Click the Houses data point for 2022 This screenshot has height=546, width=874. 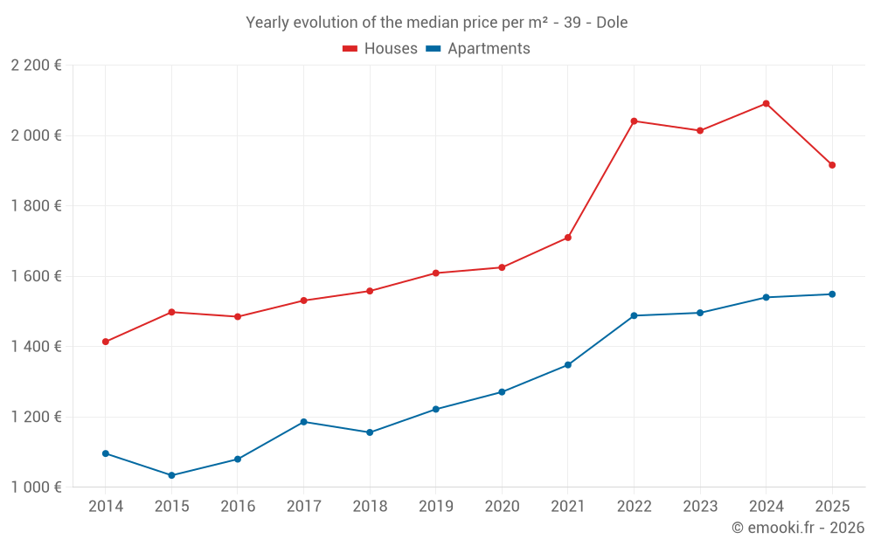(x=634, y=121)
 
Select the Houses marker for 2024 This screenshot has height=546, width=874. (x=766, y=103)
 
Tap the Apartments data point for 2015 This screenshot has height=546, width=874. (x=171, y=475)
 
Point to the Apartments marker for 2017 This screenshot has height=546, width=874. (x=303, y=422)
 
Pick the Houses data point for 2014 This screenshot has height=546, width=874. (x=106, y=342)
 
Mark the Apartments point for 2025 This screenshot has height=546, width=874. (x=832, y=294)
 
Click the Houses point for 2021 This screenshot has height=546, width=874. (x=568, y=238)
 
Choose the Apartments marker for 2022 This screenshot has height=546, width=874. (x=634, y=315)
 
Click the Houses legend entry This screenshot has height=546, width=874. (x=380, y=49)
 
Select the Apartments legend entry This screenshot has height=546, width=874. (x=478, y=49)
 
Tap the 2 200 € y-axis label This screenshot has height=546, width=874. (x=36, y=66)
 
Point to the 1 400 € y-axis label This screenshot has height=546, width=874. (x=36, y=347)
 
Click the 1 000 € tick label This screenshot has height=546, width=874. (x=36, y=487)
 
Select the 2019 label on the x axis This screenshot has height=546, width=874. (x=435, y=507)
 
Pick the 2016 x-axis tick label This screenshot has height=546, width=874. (x=238, y=507)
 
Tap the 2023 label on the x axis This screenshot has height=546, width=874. (x=700, y=507)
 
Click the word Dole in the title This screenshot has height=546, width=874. (x=612, y=23)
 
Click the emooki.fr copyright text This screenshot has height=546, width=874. (x=798, y=528)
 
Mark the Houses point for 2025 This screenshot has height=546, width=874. (x=832, y=165)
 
